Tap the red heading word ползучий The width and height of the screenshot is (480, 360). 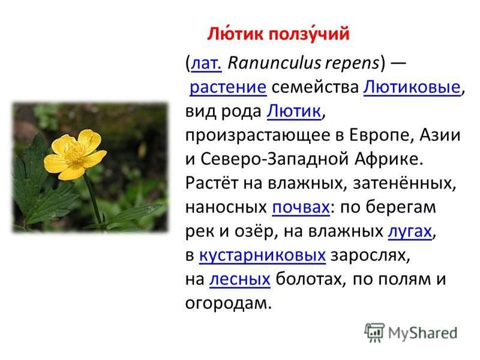(308, 34)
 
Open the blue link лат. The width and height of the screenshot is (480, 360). (206, 63)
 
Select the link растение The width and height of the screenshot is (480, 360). (228, 87)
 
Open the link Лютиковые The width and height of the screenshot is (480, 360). (412, 87)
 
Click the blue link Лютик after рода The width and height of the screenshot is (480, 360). (294, 111)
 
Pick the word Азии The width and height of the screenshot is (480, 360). (440, 135)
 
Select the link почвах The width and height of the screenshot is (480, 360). (301, 207)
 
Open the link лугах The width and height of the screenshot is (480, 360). (410, 232)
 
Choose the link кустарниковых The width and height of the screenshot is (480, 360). (262, 256)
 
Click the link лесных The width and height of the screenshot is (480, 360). (239, 280)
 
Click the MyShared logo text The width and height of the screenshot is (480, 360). (423, 333)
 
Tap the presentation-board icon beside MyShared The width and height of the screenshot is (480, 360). (374, 332)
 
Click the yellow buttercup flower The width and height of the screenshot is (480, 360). (75, 154)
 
